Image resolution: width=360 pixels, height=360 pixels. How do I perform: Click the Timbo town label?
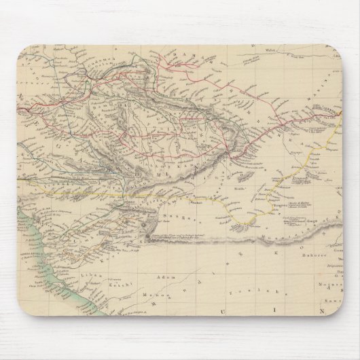pos(128,202)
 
